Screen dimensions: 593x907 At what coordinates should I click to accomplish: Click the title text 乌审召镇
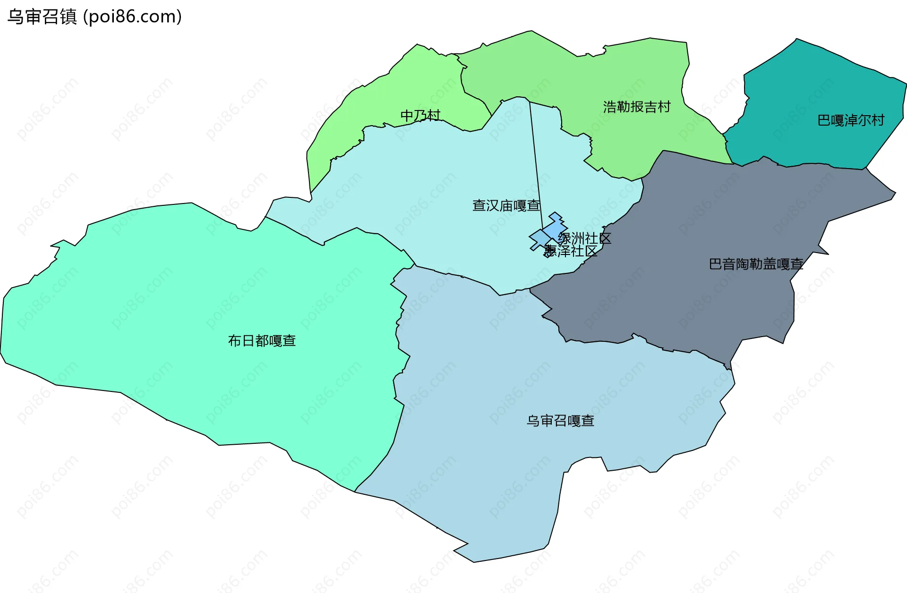point(42,17)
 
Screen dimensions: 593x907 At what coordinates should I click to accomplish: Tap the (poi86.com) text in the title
point(132,17)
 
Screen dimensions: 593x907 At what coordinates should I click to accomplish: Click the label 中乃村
point(420,116)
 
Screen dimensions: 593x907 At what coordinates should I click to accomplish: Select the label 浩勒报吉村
point(636,107)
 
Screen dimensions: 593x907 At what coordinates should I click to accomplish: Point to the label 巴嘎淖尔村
point(850,120)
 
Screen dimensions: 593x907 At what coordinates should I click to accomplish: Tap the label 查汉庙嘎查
point(506,205)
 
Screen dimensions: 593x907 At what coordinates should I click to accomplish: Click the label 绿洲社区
point(584,238)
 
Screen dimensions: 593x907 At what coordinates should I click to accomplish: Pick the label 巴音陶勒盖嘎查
point(756,264)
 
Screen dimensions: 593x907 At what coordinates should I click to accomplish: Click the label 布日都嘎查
point(262,340)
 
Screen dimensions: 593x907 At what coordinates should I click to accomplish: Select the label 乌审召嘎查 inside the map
point(560,421)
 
